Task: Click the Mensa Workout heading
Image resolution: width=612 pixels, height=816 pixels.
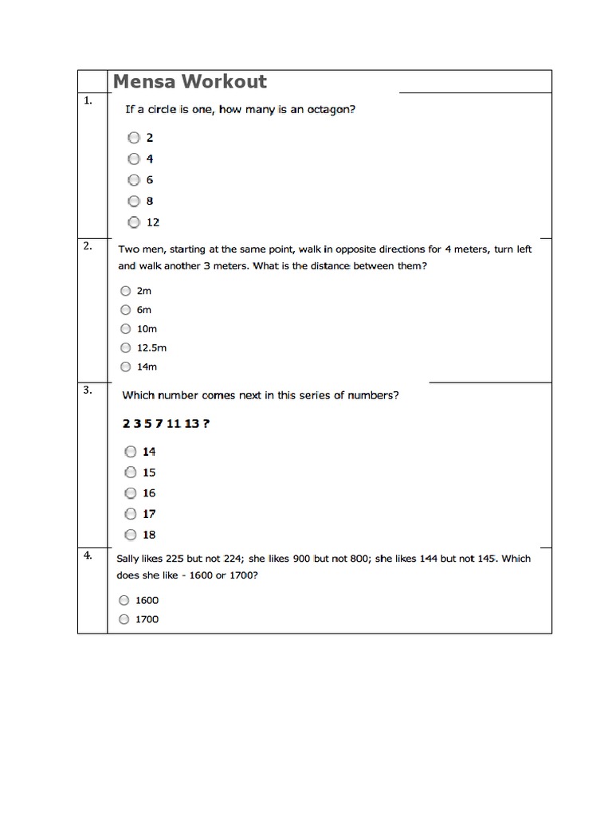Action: [x=190, y=81]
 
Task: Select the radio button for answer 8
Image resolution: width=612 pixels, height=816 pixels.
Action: [x=134, y=201]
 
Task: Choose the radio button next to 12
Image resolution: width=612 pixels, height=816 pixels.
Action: [x=134, y=222]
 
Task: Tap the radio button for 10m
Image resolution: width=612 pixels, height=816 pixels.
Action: [x=125, y=328]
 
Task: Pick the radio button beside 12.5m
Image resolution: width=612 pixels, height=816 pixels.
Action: [x=125, y=347]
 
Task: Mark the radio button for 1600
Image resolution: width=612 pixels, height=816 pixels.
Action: [x=124, y=600]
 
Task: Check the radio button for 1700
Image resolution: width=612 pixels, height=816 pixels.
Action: [x=124, y=619]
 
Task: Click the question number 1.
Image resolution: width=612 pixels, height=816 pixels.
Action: [x=87, y=100]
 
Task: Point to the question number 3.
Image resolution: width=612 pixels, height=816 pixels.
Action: [x=87, y=390]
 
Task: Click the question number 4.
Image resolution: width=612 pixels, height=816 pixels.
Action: [x=87, y=555]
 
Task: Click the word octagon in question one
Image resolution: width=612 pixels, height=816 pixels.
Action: [x=328, y=110]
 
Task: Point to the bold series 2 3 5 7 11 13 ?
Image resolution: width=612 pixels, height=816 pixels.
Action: [x=166, y=423]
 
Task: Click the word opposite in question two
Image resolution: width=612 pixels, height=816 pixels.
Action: [x=342, y=249]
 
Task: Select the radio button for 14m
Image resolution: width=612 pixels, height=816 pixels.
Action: [x=125, y=367]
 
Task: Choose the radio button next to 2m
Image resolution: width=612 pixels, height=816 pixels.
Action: [x=125, y=291]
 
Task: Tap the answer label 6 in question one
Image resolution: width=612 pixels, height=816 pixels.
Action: [x=149, y=180]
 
